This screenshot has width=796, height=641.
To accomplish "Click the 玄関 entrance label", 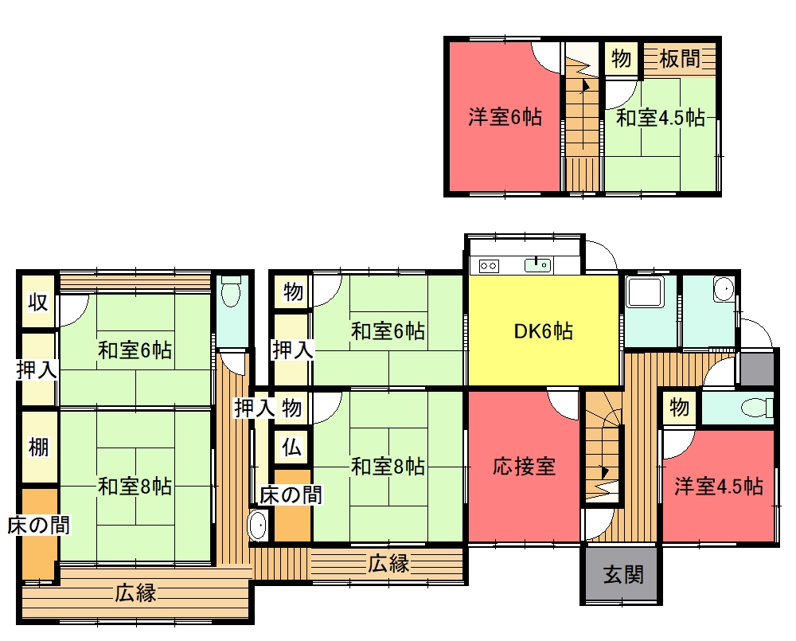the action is coord(623,575).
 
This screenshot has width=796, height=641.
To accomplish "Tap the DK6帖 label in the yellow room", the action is coord(543,331).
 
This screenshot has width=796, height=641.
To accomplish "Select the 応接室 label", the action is coord(525,467).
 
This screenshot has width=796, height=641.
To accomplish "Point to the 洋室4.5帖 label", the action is coord(718,487).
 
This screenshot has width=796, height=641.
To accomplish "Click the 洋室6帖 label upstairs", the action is coord(505,117).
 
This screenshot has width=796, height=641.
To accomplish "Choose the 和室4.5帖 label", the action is coord(661,118).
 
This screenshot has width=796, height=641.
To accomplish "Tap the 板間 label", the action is coord(680,59).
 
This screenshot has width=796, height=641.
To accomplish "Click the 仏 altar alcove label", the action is coord(292,448).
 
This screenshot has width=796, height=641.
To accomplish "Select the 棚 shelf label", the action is coord(38,447).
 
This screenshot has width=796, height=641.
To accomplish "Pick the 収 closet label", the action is coord(38,303).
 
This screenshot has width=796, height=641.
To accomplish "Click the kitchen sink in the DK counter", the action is coord(537,264).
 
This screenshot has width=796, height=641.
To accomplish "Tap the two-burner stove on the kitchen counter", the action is coord(489,266).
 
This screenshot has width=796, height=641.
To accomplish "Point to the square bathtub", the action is coord(646,291).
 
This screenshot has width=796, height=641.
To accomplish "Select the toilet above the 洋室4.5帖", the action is coord(756,408).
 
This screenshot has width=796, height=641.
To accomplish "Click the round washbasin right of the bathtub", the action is coord(723,289).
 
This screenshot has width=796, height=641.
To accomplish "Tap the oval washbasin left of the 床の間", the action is coord(257,526).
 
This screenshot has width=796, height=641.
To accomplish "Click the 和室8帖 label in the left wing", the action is coord(135,487).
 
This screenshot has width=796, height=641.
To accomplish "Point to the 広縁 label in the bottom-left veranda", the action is coord(135,592).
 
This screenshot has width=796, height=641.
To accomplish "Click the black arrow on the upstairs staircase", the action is coord(585,85).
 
